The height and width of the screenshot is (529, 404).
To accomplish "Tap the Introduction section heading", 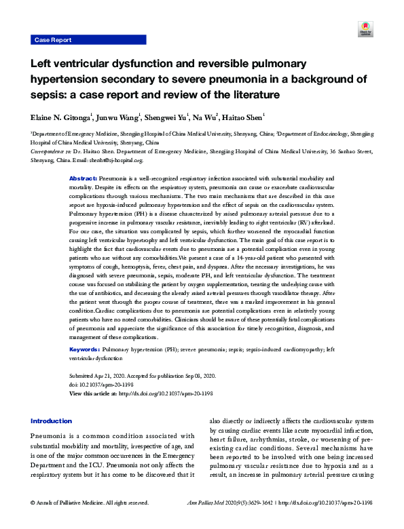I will click(51, 420).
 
